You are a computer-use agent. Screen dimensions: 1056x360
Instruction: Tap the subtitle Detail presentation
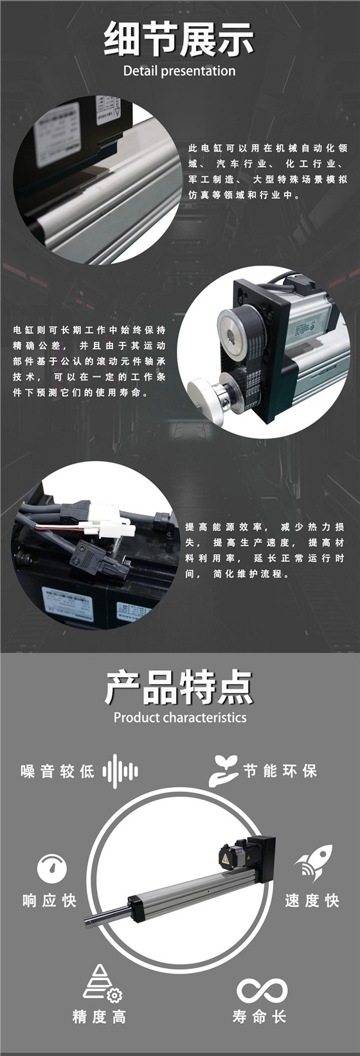pyautogui.click(x=179, y=71)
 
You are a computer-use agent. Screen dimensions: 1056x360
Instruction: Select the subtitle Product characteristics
pyautogui.click(x=179, y=717)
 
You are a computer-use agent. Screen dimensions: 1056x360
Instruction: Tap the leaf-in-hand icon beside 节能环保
pyautogui.click(x=222, y=770)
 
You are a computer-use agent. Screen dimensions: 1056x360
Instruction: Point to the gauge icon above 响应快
pyautogui.click(x=51, y=868)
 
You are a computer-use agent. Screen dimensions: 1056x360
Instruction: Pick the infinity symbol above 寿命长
pyautogui.click(x=262, y=990)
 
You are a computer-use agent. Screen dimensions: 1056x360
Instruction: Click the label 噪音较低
pyautogui.click(x=58, y=771)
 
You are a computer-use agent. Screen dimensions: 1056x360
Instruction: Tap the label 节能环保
pyautogui.click(x=280, y=770)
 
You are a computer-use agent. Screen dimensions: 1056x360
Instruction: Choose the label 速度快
pyautogui.click(x=312, y=900)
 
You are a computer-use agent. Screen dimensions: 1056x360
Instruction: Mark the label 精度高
pyautogui.click(x=99, y=1017)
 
